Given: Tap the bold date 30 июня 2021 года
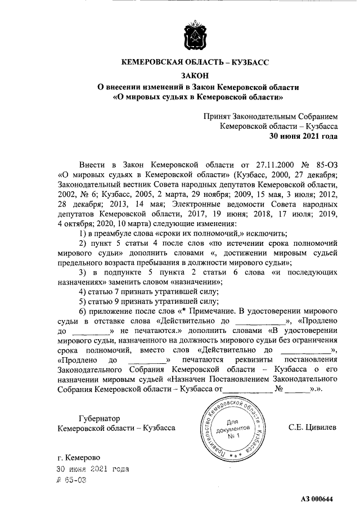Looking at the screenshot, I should point(304,136).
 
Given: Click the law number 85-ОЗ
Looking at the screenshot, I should point(324,165).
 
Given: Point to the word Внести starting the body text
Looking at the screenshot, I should point(93,165).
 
